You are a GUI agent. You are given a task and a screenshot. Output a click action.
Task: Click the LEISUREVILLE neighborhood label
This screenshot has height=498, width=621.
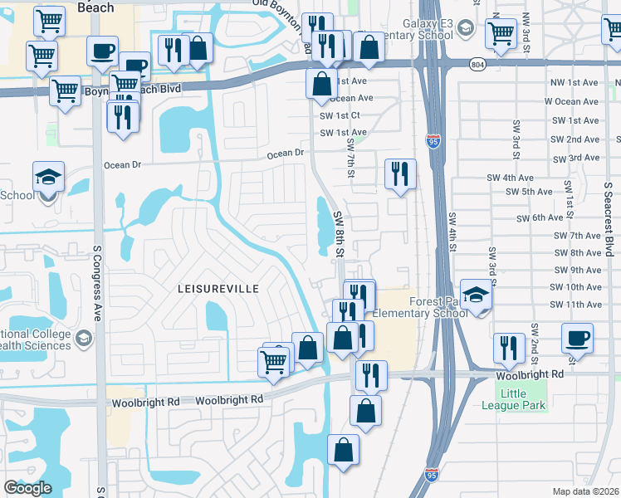218,289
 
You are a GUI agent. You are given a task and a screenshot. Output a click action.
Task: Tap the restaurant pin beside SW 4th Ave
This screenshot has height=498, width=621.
400,175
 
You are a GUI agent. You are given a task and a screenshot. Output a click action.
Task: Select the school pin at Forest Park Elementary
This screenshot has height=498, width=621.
477,296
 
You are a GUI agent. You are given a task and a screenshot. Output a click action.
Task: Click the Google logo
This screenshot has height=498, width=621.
27,488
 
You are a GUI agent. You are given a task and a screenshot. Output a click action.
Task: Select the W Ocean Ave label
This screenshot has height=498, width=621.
572,102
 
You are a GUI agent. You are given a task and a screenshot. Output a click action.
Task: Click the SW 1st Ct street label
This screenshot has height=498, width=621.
340,115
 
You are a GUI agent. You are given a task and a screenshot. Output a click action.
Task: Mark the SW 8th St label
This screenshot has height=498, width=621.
339,232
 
